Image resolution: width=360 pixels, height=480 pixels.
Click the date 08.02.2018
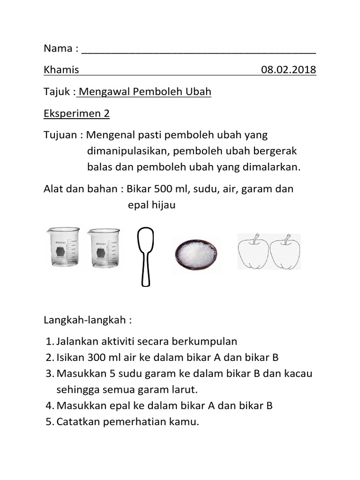click(x=288, y=70)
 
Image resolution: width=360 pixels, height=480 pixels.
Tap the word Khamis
click(x=61, y=70)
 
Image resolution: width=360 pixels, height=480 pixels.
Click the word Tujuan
click(x=61, y=135)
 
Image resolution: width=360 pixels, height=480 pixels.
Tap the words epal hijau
click(x=151, y=205)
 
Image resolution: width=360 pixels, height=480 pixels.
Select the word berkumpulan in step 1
click(x=208, y=341)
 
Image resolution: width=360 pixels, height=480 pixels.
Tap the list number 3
click(x=50, y=374)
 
